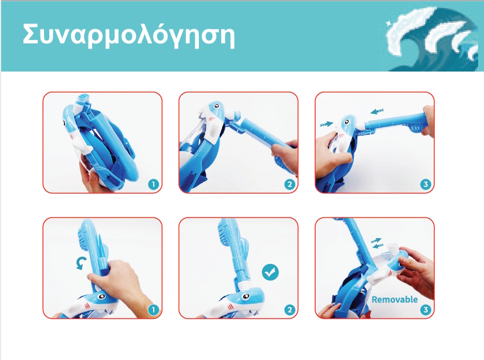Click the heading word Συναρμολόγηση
pyautogui.click(x=128, y=36)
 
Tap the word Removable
pyautogui.click(x=394, y=299)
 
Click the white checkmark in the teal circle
pyautogui.click(x=270, y=272)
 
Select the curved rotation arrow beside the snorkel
pyautogui.click(x=81, y=264)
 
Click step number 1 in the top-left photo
pyautogui.click(x=153, y=185)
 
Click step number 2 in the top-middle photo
pyautogui.click(x=290, y=185)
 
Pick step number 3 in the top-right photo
pyautogui.click(x=426, y=185)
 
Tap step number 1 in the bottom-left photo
pyautogui.click(x=153, y=310)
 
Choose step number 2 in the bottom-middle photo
pyautogui.click(x=290, y=310)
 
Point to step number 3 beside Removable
pyautogui.click(x=426, y=310)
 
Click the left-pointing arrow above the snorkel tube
pyautogui.click(x=377, y=111)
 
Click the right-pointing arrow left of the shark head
pyautogui.click(x=327, y=124)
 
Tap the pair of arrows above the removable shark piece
pyautogui.click(x=376, y=243)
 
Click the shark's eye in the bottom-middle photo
pyautogui.click(x=245, y=297)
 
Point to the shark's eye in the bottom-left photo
pyautogui.click(x=101, y=297)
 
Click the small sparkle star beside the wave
pyautogui.click(x=388, y=22)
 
